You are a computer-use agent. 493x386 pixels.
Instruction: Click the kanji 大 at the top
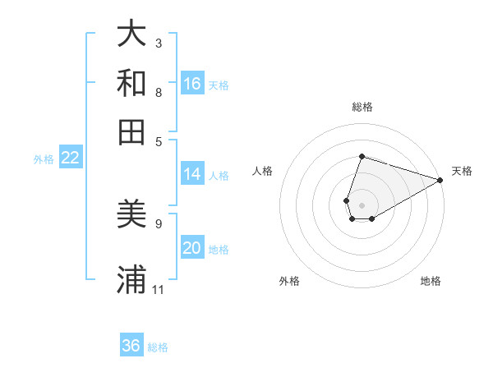coord(131,34)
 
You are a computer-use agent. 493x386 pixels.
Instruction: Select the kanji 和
coord(131,83)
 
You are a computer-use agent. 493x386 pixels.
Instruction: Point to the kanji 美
coord(131,215)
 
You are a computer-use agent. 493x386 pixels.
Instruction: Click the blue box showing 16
coord(192,83)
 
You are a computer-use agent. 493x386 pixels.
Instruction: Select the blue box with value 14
coord(192,173)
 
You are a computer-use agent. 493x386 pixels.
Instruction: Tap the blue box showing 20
coord(192,248)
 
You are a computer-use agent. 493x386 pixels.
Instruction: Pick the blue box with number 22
coord(70,158)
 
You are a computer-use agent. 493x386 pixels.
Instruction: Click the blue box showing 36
coord(131,345)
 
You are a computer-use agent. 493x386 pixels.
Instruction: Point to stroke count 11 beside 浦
coord(159,289)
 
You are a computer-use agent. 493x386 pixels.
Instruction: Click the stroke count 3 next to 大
coord(159,43)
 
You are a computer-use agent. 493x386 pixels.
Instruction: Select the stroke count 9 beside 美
coord(159,223)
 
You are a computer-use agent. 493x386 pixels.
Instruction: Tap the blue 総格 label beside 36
coord(158,347)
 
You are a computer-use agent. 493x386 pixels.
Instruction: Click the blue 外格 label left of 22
coord(43,159)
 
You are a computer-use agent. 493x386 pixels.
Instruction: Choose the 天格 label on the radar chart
coord(462,171)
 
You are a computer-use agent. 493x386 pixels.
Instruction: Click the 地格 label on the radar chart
coord(431,281)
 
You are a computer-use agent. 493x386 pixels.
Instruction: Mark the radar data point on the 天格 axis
coord(440,180)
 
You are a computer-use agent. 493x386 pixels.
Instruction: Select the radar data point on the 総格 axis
coord(362,156)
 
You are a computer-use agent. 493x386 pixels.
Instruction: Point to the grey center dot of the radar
coord(362,204)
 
